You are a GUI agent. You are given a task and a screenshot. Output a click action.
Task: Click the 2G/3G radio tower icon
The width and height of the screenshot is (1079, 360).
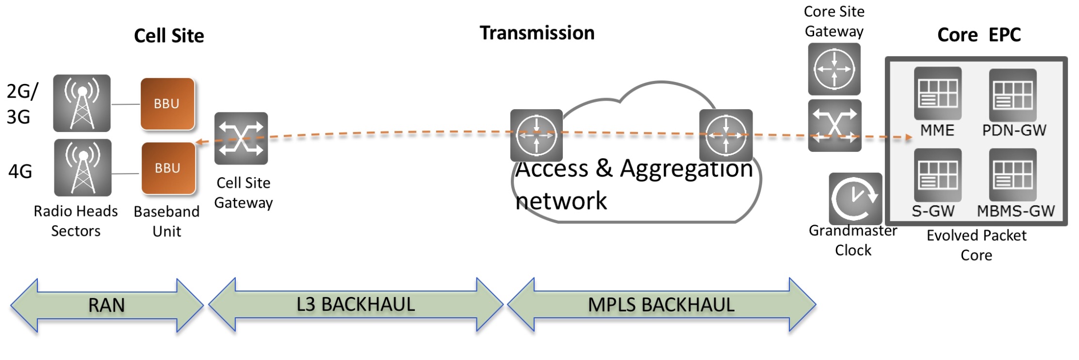coord(82,103)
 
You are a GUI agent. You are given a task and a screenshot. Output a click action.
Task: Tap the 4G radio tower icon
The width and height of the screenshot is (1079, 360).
coord(83,168)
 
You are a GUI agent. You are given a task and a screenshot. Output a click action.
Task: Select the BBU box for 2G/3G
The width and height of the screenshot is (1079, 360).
coord(167,104)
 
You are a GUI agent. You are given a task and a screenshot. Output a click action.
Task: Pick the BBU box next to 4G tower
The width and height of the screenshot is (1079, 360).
coord(168,168)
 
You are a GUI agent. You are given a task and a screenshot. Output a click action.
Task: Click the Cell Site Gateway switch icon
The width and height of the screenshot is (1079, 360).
coord(241,138)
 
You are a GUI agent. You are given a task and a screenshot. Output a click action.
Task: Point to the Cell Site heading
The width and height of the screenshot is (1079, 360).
coord(169,36)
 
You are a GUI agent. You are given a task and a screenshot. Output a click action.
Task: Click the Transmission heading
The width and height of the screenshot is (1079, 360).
coord(537,33)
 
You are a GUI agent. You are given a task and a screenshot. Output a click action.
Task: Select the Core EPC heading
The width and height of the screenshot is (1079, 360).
coord(979,35)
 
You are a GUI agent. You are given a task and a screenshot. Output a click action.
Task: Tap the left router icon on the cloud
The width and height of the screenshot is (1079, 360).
coord(536,135)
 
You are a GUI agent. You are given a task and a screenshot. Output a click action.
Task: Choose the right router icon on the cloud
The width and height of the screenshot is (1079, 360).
coord(726,135)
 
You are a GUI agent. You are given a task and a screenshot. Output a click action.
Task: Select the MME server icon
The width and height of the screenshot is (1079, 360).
coord(937,93)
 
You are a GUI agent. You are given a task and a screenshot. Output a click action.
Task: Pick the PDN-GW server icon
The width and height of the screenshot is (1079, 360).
coord(1013,95)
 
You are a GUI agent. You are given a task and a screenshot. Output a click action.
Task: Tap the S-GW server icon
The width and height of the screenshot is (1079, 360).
coord(937,175)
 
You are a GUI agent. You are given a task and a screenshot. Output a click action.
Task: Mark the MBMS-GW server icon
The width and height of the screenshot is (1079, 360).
coord(1013,175)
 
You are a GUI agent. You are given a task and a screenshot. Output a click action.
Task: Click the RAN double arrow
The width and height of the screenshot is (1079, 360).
coord(107,305)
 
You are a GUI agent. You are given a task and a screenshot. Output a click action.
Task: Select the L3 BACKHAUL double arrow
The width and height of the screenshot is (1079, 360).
coord(356,305)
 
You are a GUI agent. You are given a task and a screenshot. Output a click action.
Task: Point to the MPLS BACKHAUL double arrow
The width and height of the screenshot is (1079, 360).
coord(661,305)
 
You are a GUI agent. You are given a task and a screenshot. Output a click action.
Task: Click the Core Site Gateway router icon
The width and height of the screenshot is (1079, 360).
coord(834,69)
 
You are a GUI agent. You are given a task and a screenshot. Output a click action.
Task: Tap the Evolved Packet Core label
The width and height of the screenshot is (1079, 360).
coord(976,245)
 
